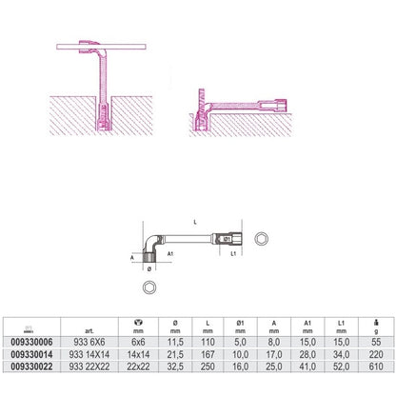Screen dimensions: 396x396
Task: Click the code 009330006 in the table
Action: (x=31, y=343)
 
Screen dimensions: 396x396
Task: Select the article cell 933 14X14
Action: (x=89, y=354)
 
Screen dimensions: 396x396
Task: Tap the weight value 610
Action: (x=376, y=366)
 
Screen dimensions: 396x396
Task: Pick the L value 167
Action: (x=208, y=354)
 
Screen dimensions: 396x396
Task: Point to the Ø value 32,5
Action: (x=175, y=366)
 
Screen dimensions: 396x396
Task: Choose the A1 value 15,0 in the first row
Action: (x=307, y=343)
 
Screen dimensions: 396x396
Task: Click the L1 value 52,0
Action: (x=341, y=366)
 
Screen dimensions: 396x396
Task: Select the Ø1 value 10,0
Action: (x=240, y=354)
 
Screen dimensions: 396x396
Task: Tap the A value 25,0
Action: (x=274, y=366)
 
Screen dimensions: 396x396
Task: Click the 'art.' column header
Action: (x=89, y=331)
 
